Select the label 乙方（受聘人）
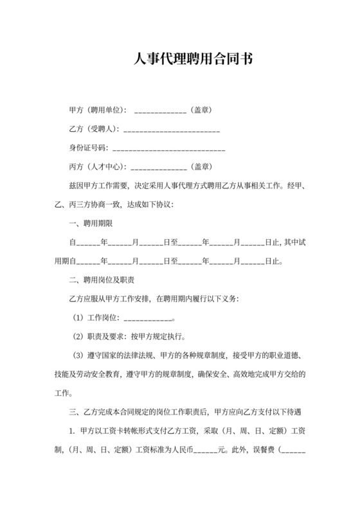pos(93,129)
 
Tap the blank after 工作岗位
pos(147,318)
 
